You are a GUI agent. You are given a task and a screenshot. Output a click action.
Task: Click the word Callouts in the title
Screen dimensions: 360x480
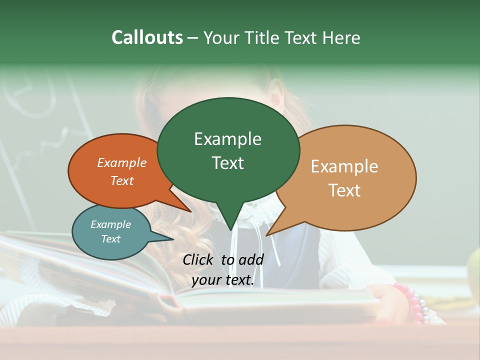pyautogui.click(x=147, y=37)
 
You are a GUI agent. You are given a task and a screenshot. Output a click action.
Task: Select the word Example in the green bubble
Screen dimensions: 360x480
pyautogui.click(x=227, y=139)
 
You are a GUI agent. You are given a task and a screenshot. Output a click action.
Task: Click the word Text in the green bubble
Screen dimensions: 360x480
pyautogui.click(x=227, y=163)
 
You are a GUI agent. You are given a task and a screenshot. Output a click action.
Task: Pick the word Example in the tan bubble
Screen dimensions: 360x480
pyautogui.click(x=344, y=166)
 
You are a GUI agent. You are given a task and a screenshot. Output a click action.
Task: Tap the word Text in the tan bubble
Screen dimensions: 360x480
pyautogui.click(x=344, y=190)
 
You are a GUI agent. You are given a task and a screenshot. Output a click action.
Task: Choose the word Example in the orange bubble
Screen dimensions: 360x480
pyautogui.click(x=122, y=163)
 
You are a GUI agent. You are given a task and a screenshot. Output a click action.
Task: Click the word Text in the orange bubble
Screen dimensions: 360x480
pyautogui.click(x=122, y=181)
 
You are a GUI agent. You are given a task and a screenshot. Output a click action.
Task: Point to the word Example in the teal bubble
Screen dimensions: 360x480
pyautogui.click(x=110, y=224)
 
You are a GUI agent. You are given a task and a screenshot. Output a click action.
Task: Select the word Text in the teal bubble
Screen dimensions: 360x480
pyautogui.click(x=110, y=239)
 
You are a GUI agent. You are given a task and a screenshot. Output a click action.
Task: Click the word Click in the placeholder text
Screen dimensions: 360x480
pyautogui.click(x=198, y=259)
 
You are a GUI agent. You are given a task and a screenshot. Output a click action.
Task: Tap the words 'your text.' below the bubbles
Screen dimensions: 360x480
pyautogui.click(x=223, y=280)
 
